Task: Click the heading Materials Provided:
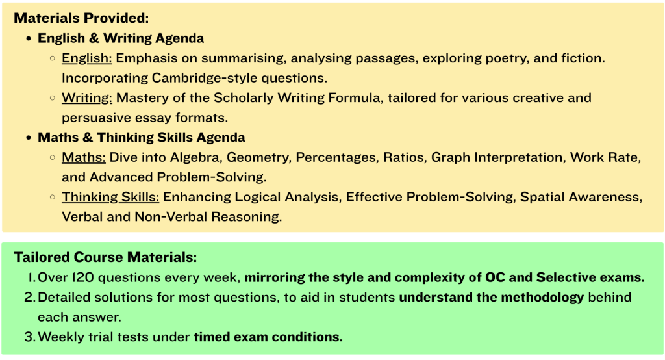coord(81,18)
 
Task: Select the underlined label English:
coord(87,58)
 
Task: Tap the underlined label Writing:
coord(87,98)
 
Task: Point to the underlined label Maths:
coord(84,157)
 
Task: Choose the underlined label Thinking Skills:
coord(110,197)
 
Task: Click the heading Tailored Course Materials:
coord(106,257)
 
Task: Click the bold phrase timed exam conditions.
coord(268,337)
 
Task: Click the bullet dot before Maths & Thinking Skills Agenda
coord(29,138)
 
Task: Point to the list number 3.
coord(30,337)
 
